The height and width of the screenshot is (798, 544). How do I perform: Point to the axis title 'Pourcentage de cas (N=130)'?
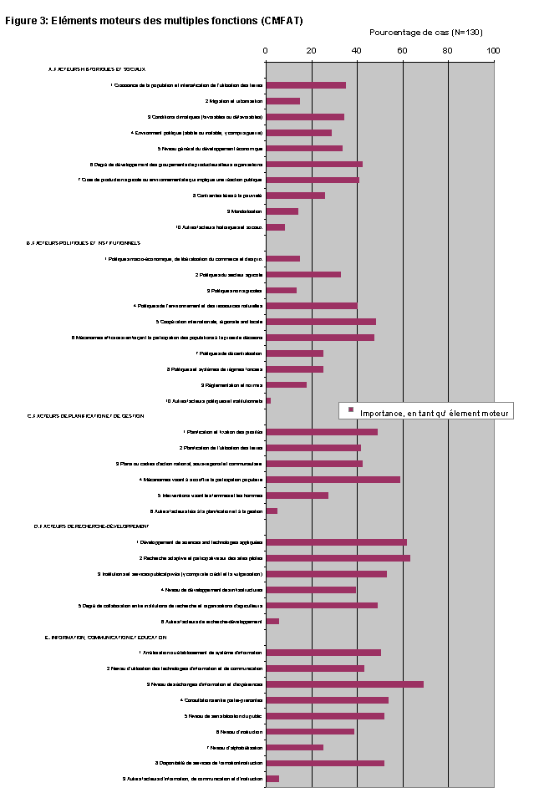coord(425,33)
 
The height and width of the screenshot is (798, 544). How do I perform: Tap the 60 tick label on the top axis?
coord(402,51)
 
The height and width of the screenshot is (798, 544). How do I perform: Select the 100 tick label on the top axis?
coord(493,51)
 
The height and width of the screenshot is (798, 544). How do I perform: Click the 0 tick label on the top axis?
coord(266,51)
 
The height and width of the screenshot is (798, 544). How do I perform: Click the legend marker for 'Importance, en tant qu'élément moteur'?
coord(351,410)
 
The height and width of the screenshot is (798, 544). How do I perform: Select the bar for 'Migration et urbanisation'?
coord(282,101)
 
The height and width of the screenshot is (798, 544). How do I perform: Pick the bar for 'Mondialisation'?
coord(282,211)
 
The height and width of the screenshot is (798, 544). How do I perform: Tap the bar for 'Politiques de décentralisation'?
coord(294,353)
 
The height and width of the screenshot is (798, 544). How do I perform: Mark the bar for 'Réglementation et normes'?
coord(286,384)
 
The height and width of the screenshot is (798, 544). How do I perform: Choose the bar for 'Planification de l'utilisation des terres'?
coord(313,448)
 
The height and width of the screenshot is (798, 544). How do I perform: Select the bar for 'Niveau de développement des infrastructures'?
coord(311,589)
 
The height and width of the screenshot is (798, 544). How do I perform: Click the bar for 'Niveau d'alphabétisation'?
coord(294,747)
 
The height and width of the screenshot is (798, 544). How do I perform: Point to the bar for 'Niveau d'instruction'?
coord(310,731)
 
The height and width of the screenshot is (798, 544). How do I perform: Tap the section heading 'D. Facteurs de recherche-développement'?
coord(91,526)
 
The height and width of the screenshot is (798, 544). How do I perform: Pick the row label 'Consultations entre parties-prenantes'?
coord(221,699)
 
